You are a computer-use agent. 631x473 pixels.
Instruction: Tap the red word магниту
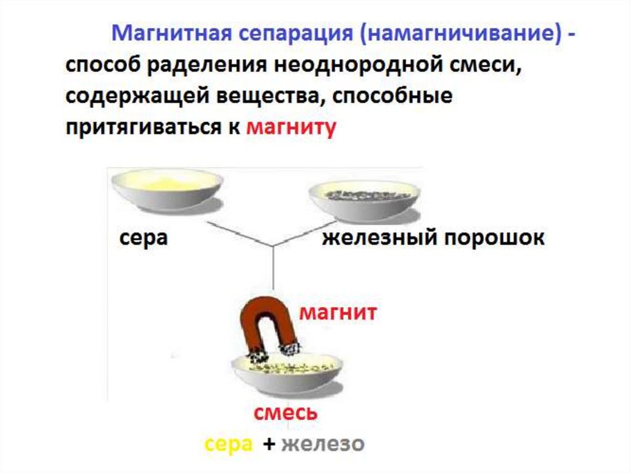click(291, 128)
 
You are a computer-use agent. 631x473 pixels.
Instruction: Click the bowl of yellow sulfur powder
click(166, 191)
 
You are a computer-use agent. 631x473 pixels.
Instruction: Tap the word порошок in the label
click(490, 238)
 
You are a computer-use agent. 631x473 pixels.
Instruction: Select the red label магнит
click(338, 313)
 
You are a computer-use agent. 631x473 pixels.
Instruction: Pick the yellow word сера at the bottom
click(229, 443)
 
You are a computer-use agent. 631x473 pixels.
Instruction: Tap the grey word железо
click(323, 443)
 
